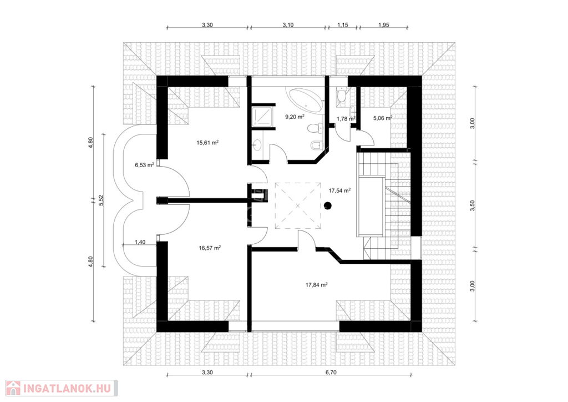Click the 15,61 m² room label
pos(207,143)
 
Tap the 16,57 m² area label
pos(210,248)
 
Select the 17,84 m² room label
pos(317,285)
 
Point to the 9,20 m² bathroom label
pos(295,117)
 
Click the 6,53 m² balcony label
pos(145,165)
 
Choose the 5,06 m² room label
pos(383,118)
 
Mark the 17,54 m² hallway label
pos(339,190)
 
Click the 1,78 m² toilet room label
pos(346,118)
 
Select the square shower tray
pos(262,115)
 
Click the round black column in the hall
pos(328,206)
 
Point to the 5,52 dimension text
pos(102,200)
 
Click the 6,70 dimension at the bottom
pos(331,372)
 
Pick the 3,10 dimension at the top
pos(288,25)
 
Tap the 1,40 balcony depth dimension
pos(140,242)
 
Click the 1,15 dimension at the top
pos(343,25)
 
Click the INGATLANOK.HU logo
pos(62,388)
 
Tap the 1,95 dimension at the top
pos(384,25)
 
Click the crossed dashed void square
pos(298,206)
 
